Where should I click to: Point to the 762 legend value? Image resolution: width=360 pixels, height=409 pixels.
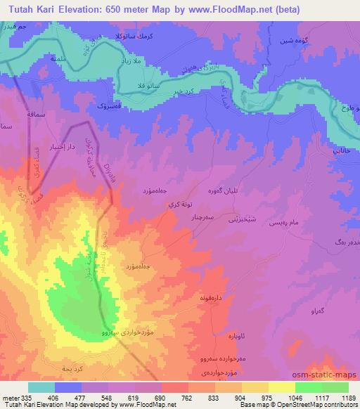167,397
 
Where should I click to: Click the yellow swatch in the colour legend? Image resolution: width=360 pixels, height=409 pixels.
281,387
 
